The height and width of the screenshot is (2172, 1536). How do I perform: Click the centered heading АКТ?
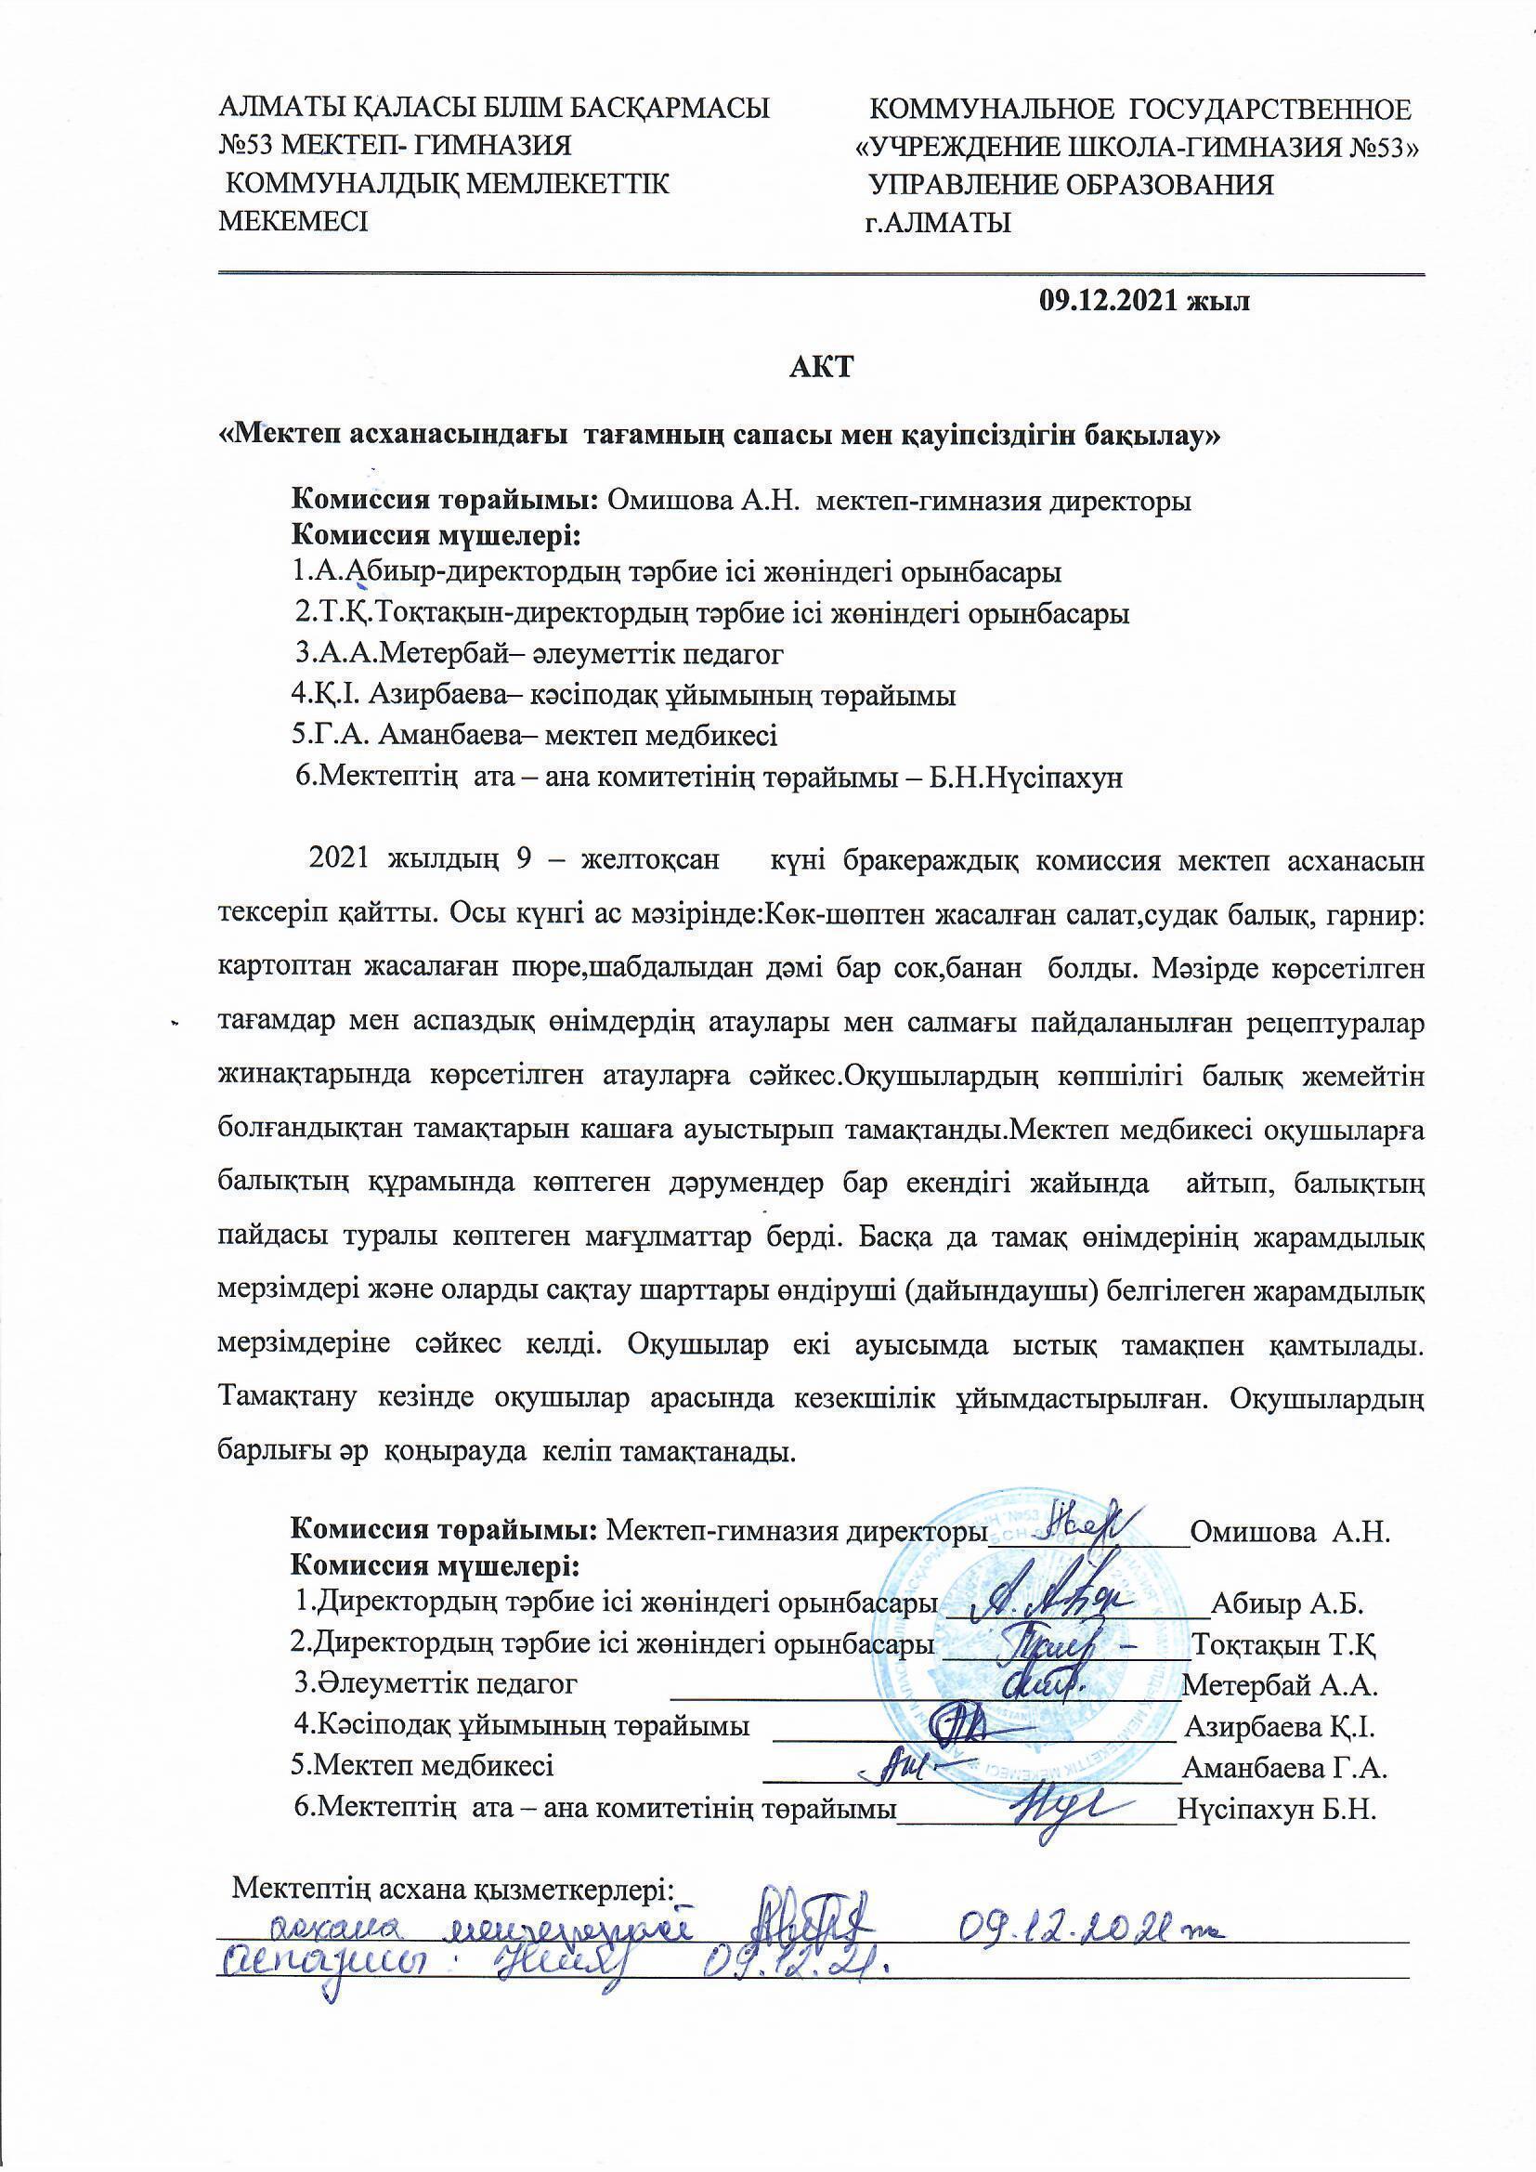point(821,367)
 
